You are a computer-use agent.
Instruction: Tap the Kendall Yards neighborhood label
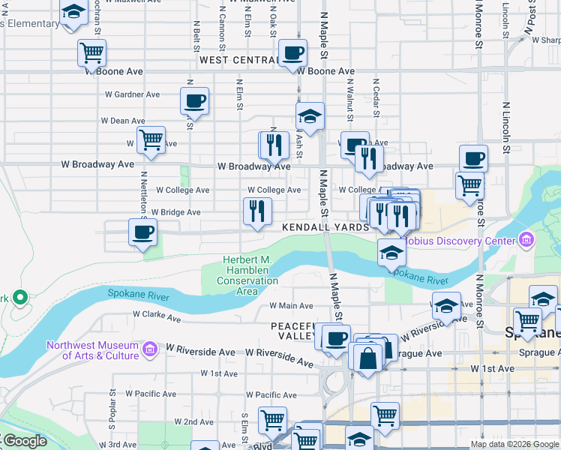(325, 226)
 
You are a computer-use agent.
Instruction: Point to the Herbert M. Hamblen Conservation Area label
(247, 275)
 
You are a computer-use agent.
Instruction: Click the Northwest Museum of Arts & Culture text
(92, 350)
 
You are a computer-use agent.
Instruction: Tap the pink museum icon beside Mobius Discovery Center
(526, 241)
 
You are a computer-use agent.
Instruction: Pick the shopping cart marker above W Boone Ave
(91, 53)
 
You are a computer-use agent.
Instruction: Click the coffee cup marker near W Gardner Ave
(195, 100)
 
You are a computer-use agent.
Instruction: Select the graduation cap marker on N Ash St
(309, 116)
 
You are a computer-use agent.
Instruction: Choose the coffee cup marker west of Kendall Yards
(142, 232)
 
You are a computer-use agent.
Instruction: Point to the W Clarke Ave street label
(157, 317)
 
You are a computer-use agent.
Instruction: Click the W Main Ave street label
(291, 306)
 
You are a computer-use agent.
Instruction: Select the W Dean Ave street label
(123, 121)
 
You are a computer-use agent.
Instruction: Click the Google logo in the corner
(24, 441)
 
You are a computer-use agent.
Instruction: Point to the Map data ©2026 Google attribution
(514, 444)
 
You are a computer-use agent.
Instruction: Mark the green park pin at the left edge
(19, 298)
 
